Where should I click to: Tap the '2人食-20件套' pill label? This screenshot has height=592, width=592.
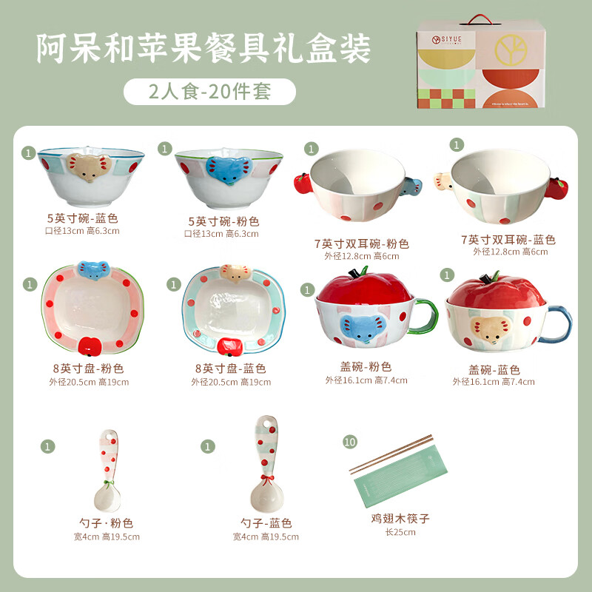209,92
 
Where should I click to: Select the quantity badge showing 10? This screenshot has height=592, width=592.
350,442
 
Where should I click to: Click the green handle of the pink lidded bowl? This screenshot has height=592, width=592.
426,315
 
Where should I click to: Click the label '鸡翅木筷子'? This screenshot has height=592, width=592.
400,519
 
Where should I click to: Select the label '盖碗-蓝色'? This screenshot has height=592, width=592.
494,369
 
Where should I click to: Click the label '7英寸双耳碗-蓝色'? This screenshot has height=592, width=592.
508,240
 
